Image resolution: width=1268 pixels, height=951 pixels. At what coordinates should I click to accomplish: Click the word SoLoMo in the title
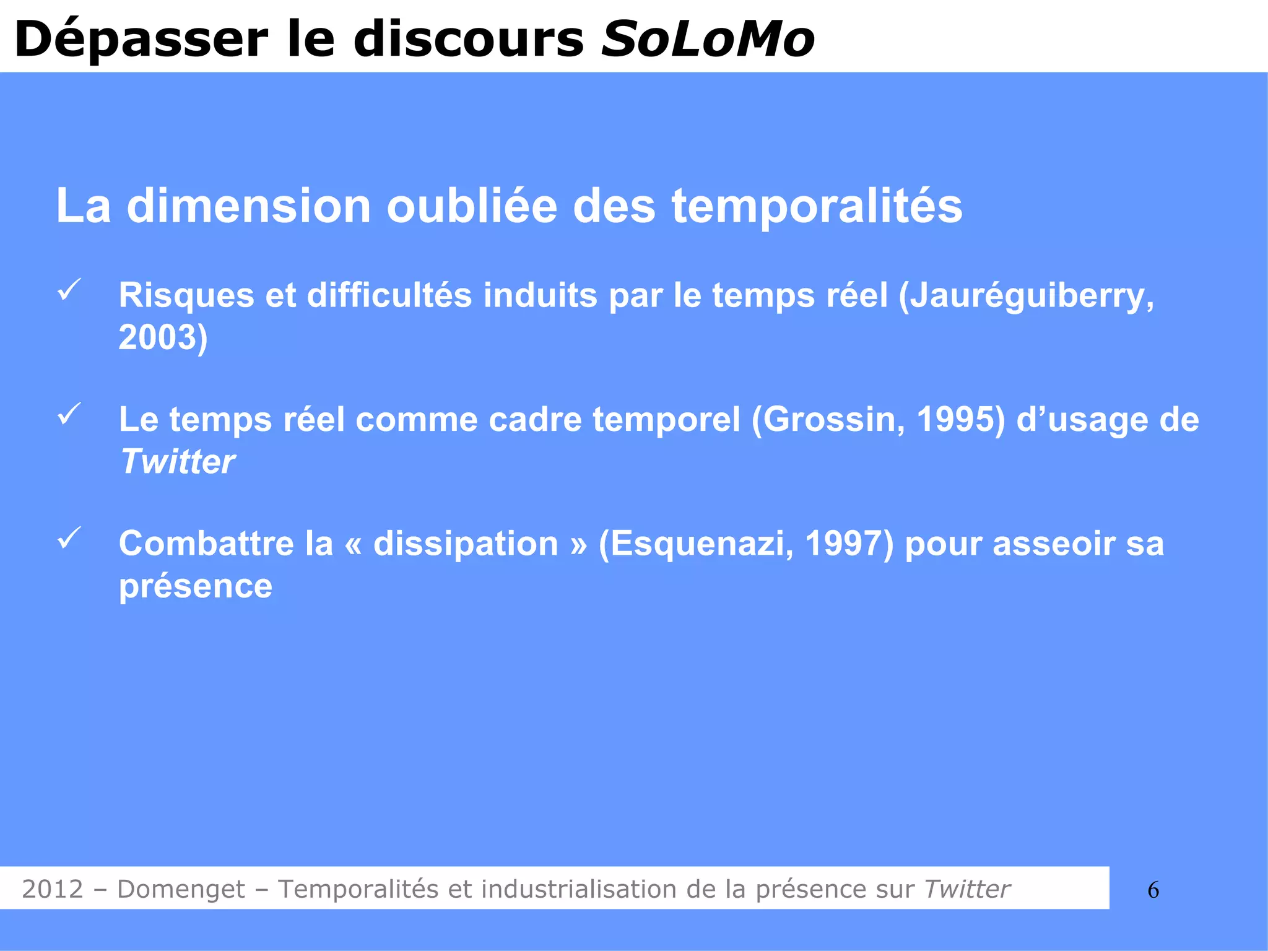click(x=708, y=39)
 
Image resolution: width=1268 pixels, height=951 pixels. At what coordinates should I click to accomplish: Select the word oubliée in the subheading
click(x=472, y=206)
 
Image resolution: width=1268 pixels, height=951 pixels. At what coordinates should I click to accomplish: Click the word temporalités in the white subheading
click(x=817, y=207)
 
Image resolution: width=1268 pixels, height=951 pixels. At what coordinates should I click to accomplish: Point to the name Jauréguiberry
click(x=1028, y=296)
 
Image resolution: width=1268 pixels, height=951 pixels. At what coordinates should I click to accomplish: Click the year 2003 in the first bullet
click(x=157, y=338)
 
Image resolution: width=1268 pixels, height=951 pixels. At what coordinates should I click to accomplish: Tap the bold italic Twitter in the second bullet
click(x=177, y=462)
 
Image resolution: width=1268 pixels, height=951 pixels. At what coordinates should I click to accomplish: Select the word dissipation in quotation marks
click(x=466, y=544)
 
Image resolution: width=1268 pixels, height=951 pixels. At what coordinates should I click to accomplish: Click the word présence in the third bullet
click(x=196, y=586)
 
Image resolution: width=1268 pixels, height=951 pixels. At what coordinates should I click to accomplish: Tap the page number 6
click(x=1153, y=890)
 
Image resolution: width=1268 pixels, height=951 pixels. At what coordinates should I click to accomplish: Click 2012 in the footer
click(x=53, y=889)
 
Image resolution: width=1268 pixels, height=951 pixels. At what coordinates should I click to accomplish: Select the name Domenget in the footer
click(x=181, y=889)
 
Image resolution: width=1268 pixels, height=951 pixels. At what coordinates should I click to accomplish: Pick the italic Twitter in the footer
click(x=967, y=889)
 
